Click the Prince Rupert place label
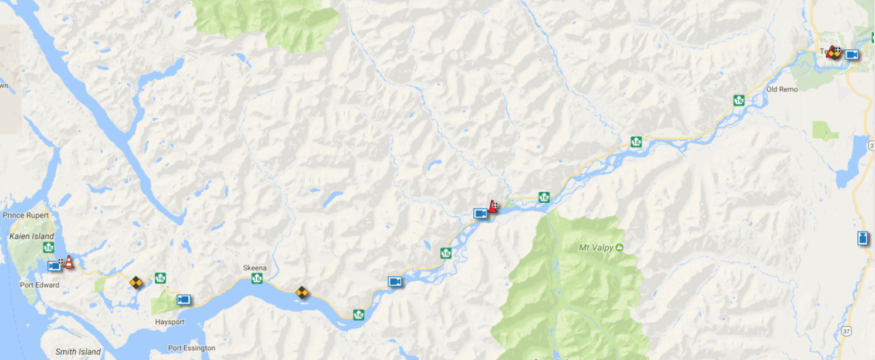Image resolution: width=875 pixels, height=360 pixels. tap(26, 215)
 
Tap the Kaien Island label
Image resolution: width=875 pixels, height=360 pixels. tap(32, 236)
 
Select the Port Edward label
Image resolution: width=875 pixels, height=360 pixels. tap(40, 285)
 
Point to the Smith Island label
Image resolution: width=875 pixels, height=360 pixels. tap(78, 352)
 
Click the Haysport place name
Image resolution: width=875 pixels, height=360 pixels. tap(170, 322)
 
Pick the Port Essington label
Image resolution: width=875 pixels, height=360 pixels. tap(192, 348)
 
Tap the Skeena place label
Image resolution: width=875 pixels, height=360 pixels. tap(255, 268)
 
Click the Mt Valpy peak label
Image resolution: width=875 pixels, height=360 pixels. tap(596, 247)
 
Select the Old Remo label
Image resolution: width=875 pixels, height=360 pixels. tap(782, 89)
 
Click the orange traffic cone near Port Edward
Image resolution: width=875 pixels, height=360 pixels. tap(69, 263)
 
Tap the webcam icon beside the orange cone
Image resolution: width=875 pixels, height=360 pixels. tap(54, 266)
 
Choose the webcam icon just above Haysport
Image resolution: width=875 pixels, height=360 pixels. tap(184, 300)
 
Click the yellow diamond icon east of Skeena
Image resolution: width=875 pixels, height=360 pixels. tap(302, 291)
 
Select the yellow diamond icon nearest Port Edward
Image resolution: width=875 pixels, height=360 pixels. tap(136, 283)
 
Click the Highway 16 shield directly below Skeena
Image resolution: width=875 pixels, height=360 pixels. tap(257, 278)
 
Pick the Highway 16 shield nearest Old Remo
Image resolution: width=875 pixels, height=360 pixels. tap(739, 100)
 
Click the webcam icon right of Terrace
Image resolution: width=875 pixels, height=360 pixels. tap(852, 55)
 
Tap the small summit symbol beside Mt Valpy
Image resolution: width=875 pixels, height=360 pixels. tap(620, 247)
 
